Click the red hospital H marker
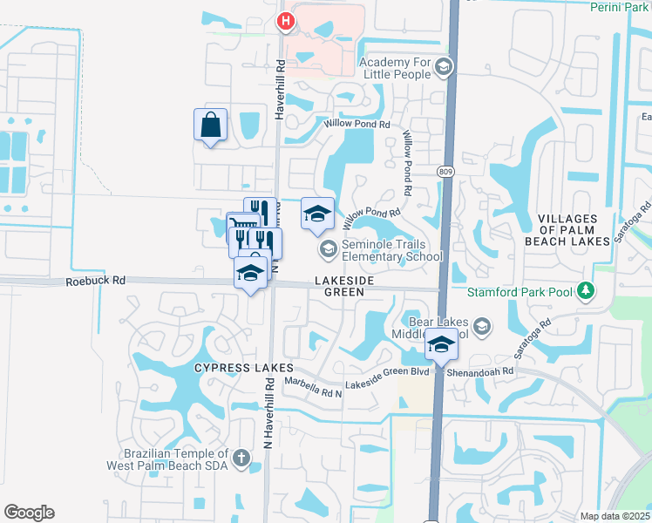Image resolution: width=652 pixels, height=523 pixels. pos(284,21)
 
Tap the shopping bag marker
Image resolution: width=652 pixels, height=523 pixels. pos(210,124)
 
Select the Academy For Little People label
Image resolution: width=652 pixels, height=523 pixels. pos(395,68)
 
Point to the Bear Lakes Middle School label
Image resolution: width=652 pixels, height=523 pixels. pos(438,328)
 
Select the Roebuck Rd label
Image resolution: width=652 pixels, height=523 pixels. pos(96,281)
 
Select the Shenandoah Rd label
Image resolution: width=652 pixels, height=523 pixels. pos(480,370)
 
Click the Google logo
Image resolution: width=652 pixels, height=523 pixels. pos(29,513)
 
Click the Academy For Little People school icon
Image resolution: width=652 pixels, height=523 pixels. pos(444,67)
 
